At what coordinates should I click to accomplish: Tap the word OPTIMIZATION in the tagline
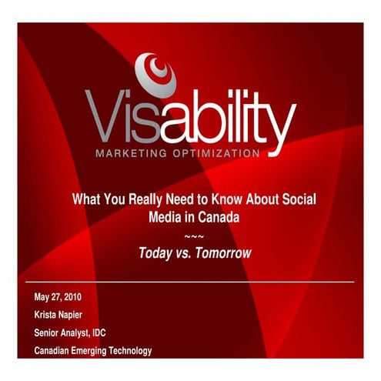219,154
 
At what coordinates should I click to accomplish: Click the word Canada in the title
217,217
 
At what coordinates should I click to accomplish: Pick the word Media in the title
164,217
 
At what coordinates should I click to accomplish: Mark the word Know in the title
227,199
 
